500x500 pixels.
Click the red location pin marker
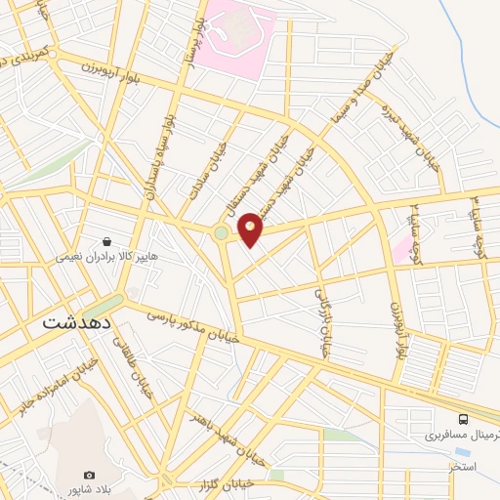[x=250, y=229]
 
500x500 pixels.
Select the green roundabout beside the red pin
[x=222, y=232]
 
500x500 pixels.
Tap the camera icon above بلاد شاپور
[x=90, y=476]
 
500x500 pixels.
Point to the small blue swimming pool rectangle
[x=461, y=452]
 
